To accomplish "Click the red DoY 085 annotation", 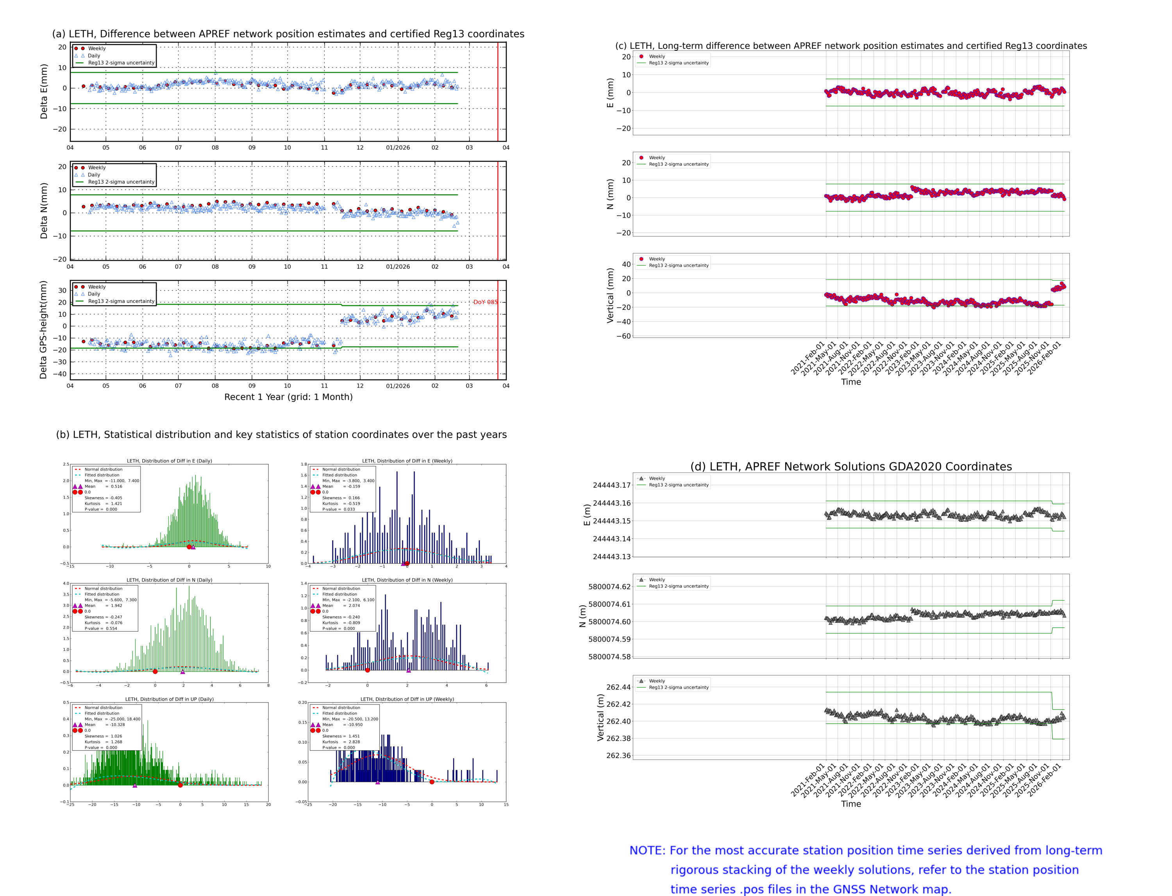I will tap(485, 302).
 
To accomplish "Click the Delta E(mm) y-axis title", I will tap(44, 91).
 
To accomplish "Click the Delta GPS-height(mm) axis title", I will tap(43, 329).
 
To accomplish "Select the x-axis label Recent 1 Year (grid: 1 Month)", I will tap(288, 397).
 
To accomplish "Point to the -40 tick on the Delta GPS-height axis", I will tap(61, 374).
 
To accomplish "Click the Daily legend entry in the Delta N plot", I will tap(94, 175).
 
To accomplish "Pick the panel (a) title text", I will tap(288, 34).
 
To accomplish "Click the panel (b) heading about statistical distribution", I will tap(281, 435).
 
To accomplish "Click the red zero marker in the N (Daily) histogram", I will tap(155, 671).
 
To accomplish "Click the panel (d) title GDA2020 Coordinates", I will tap(851, 467).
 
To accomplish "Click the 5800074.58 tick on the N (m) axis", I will tap(609, 656).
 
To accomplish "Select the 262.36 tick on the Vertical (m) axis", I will tap(618, 755).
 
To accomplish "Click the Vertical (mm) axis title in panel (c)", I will tap(610, 295).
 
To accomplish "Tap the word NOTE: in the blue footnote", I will tap(647, 851).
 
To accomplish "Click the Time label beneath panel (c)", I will tap(850, 382).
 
